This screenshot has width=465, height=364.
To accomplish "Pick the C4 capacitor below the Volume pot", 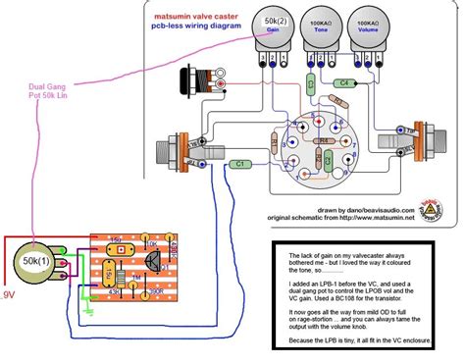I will pos(343,83).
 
